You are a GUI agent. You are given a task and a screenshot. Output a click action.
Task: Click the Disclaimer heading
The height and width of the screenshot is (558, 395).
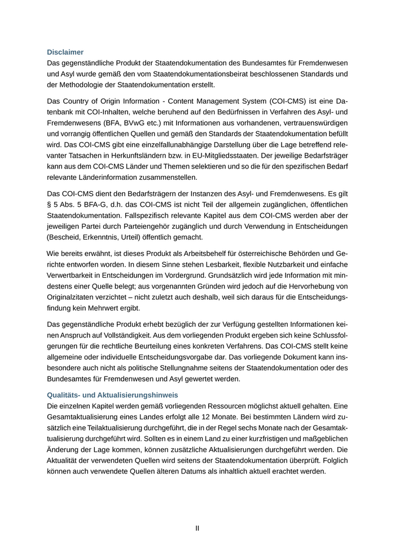click(x=65, y=52)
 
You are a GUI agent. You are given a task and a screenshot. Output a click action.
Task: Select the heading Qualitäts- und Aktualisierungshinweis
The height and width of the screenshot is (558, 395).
click(x=112, y=395)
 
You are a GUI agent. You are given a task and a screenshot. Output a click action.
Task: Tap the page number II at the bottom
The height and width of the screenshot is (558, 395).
click(x=197, y=529)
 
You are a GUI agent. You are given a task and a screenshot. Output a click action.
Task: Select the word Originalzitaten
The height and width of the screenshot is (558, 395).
click(x=75, y=297)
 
